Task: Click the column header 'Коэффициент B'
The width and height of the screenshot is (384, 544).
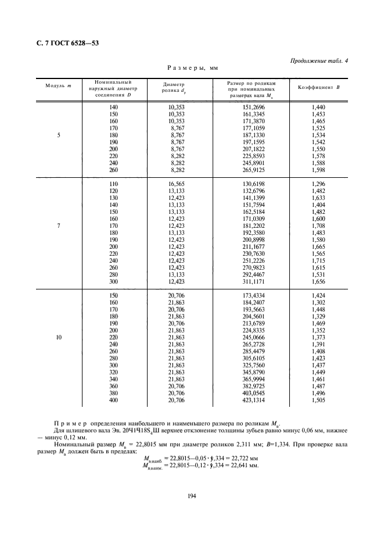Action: [x=318, y=87]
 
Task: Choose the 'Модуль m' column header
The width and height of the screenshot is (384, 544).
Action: [x=58, y=87]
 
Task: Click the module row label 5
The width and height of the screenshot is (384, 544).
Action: [x=58, y=135]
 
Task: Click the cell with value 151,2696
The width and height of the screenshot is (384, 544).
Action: [x=250, y=108]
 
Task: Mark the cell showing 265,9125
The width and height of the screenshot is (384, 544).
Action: [x=250, y=170]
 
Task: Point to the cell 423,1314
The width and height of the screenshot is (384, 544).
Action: [x=250, y=400]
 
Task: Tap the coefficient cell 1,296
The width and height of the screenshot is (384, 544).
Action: [x=317, y=184]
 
